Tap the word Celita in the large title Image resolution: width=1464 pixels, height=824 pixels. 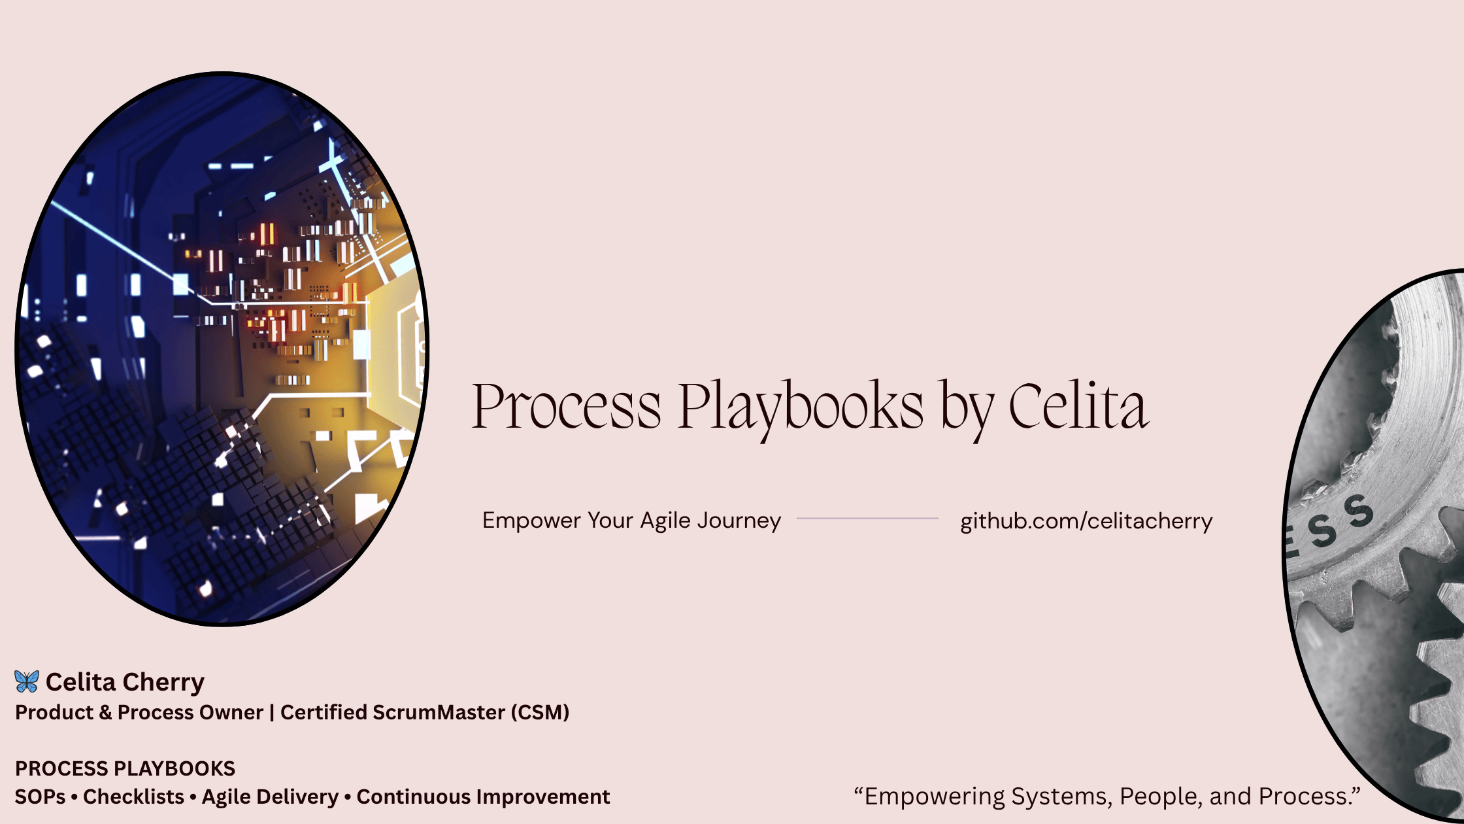click(x=1078, y=405)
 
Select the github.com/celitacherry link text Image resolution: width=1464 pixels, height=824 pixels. click(x=1086, y=521)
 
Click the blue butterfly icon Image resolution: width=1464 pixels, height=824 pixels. click(x=27, y=681)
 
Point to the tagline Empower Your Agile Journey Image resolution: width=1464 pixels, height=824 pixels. click(x=631, y=521)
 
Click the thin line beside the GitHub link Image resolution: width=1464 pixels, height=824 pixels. click(x=867, y=519)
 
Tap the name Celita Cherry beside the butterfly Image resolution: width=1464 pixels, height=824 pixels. click(x=125, y=682)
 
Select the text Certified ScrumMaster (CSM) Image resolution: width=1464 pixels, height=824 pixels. click(x=425, y=712)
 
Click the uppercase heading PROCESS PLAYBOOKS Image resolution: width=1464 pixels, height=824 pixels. click(x=125, y=768)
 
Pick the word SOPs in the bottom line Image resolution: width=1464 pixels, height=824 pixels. click(x=41, y=797)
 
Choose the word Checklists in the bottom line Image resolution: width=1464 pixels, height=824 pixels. click(x=133, y=797)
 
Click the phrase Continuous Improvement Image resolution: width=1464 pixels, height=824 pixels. click(x=483, y=797)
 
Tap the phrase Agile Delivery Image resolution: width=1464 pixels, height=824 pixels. click(x=270, y=797)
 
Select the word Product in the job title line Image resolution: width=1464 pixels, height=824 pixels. click(x=54, y=712)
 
